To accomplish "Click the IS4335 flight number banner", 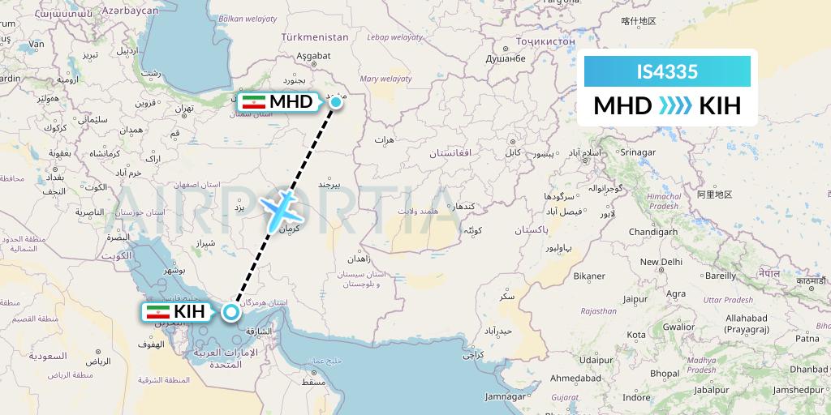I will tap(667, 72).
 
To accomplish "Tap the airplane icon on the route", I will tap(283, 208).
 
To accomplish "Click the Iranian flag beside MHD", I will tap(255, 102).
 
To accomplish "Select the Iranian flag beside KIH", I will tap(157, 312).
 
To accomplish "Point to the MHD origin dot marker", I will tap(335, 102).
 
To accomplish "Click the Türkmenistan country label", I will tap(314, 37).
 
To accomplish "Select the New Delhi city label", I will tap(661, 262).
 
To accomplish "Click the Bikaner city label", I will tap(589, 276).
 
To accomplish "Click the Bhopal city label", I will tap(665, 374).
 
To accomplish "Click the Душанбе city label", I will tap(506, 58).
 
